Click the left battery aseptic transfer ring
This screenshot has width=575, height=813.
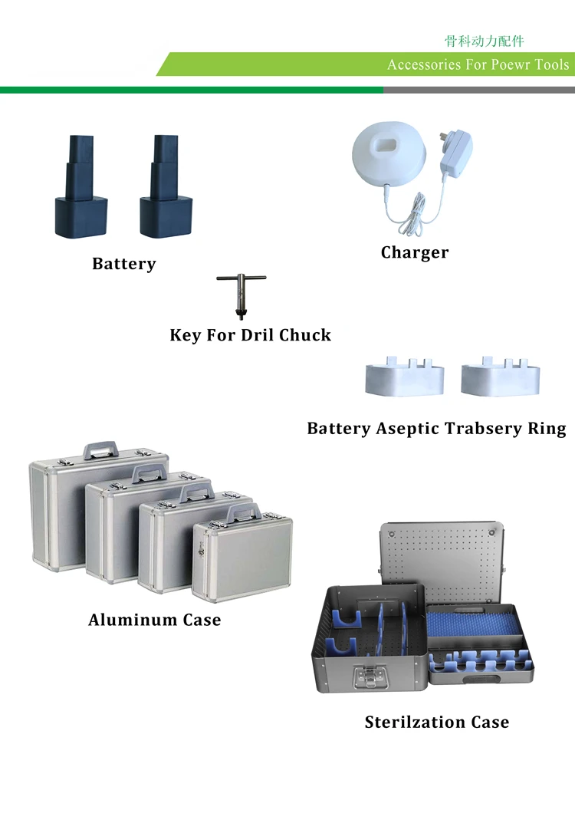coord(404,377)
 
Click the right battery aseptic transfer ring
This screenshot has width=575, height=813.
coord(500,377)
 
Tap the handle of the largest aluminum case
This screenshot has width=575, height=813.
coord(100,447)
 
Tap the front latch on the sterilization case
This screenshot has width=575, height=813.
coord(368,678)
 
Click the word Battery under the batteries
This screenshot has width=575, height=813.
coord(123,264)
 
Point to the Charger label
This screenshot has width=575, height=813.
coord(415,252)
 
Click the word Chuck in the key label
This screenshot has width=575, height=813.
coord(305,335)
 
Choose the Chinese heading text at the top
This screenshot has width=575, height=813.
coord(484,41)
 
